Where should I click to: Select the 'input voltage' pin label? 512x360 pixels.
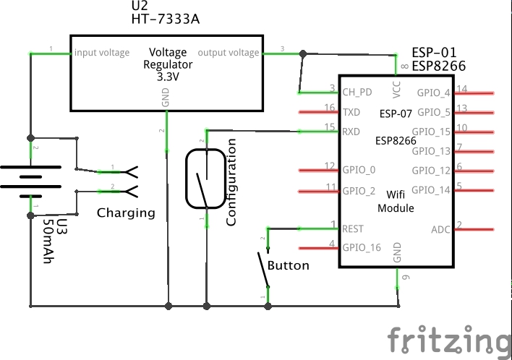click(x=102, y=53)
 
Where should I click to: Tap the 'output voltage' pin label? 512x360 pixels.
click(x=229, y=53)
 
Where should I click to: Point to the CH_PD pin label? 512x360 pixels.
click(x=357, y=93)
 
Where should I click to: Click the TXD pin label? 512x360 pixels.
click(x=351, y=112)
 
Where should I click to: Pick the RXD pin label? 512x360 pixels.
click(x=352, y=132)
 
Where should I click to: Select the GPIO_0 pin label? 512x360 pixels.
click(x=359, y=171)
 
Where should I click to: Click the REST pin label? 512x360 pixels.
click(x=353, y=228)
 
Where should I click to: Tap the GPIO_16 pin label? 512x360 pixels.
click(x=362, y=247)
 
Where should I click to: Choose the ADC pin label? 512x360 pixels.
click(x=440, y=230)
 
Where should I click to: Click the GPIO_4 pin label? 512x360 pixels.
click(x=434, y=93)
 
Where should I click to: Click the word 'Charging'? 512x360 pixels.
click(x=127, y=213)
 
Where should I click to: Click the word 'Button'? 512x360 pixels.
click(x=289, y=265)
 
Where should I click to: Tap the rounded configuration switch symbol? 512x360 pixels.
click(x=205, y=178)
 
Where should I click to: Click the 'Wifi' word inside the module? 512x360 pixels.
click(x=396, y=194)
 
